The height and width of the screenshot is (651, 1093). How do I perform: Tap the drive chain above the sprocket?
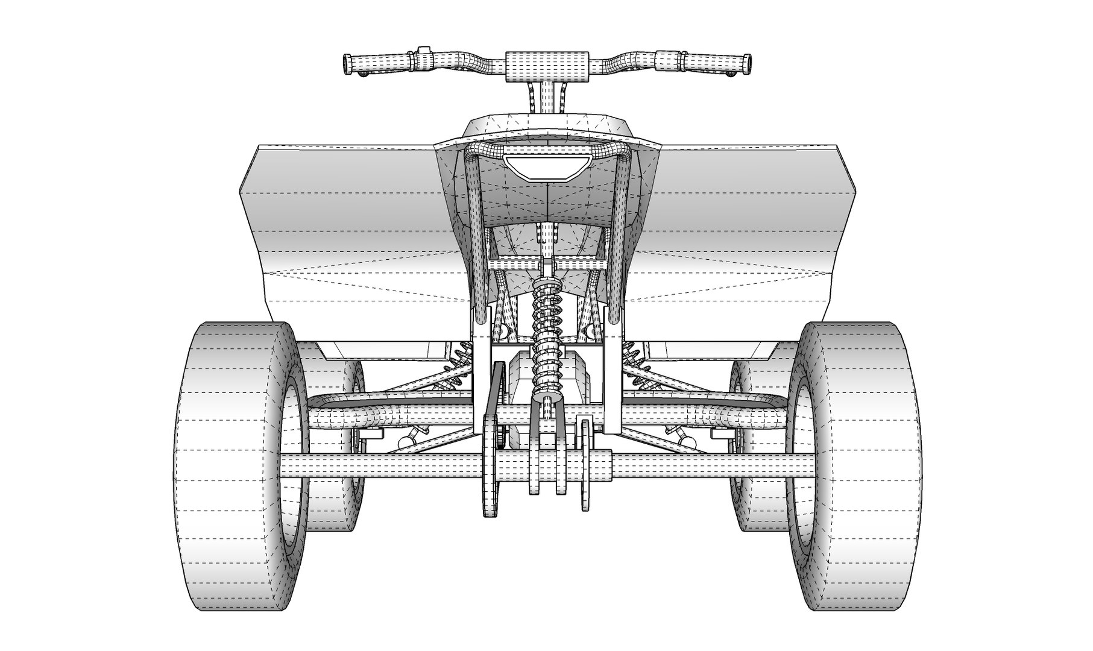(496, 386)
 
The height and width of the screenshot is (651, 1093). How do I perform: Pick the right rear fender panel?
(742, 229)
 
